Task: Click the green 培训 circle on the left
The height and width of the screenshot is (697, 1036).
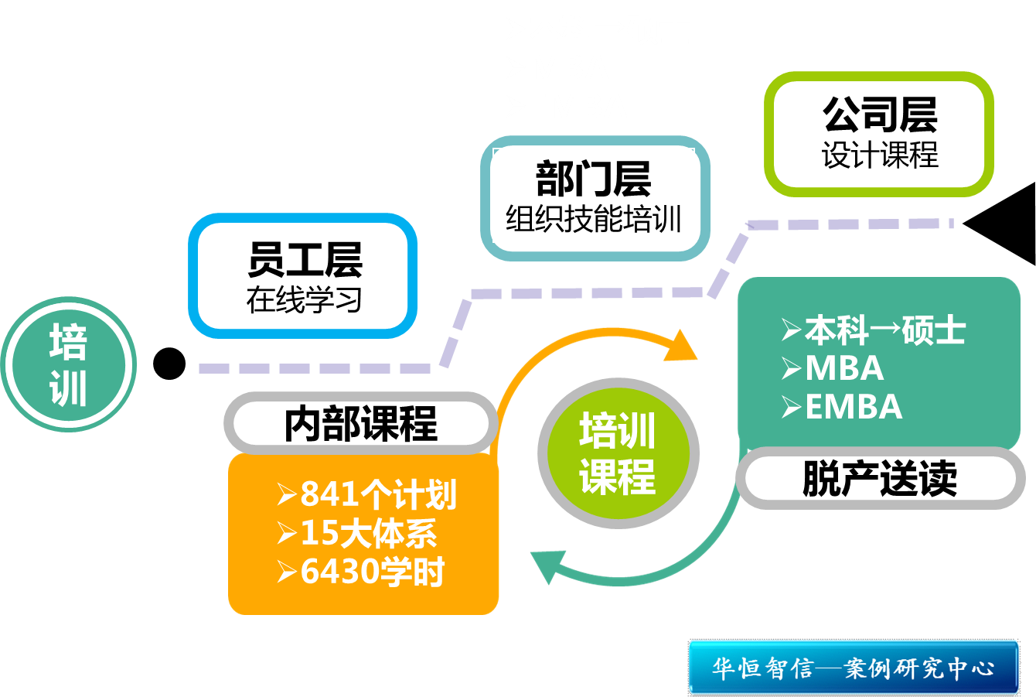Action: (x=69, y=364)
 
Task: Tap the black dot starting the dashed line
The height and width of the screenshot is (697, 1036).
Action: (x=169, y=364)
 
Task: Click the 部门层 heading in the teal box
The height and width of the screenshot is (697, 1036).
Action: (x=593, y=179)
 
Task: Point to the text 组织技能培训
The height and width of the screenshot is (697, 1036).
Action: (x=593, y=220)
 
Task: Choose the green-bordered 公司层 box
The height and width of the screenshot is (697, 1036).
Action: (x=879, y=134)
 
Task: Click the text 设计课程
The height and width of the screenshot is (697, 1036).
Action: (x=880, y=155)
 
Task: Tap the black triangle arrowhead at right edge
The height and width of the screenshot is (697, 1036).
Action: (x=1005, y=224)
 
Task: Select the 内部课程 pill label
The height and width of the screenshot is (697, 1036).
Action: (x=360, y=423)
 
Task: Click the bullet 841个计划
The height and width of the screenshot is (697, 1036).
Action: (x=367, y=494)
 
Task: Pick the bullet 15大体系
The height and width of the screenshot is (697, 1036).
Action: (x=357, y=534)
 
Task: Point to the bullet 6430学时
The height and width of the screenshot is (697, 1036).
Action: (x=361, y=572)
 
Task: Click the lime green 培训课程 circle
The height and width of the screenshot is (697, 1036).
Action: (x=618, y=453)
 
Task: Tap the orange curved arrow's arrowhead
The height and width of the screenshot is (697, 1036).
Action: (x=680, y=347)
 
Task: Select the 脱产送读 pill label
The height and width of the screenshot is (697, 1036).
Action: (x=879, y=478)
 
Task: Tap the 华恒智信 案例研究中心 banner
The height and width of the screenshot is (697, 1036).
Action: (x=854, y=667)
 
